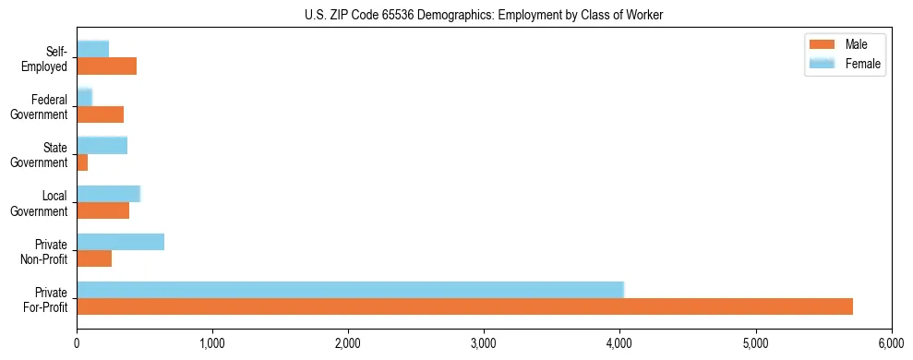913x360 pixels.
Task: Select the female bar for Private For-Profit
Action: pos(350,290)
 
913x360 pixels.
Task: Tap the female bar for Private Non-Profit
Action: pos(120,242)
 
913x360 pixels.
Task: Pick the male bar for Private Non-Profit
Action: pos(94,258)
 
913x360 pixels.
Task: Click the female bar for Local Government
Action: pos(108,193)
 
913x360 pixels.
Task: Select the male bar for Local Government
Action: pos(102,210)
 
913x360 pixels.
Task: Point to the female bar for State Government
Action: pos(102,145)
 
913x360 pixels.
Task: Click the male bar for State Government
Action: pos(82,162)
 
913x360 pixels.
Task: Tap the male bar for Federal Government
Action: pos(100,114)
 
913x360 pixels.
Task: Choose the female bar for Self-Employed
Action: pos(92,49)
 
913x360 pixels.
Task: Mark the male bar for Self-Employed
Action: pos(106,66)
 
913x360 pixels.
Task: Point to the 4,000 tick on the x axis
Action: pos(619,339)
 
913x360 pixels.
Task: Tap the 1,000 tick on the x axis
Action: pos(212,339)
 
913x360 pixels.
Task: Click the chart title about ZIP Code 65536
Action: pos(458,15)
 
